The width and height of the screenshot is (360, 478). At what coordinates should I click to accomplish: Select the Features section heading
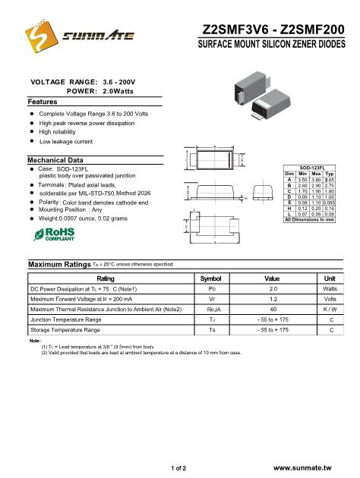[x=43, y=101]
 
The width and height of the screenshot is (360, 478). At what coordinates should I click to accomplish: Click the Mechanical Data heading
[x=55, y=160]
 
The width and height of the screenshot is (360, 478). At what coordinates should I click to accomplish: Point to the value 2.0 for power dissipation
[x=273, y=289]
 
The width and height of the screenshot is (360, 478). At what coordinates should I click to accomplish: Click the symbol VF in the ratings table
[x=212, y=299]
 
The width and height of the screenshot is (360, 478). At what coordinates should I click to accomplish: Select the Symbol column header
[x=212, y=278]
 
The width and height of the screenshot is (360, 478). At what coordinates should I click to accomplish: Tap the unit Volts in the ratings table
[x=330, y=299]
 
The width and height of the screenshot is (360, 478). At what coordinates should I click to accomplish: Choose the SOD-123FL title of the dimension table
[x=313, y=167]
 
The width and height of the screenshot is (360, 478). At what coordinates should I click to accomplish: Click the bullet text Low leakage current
[x=66, y=141]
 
